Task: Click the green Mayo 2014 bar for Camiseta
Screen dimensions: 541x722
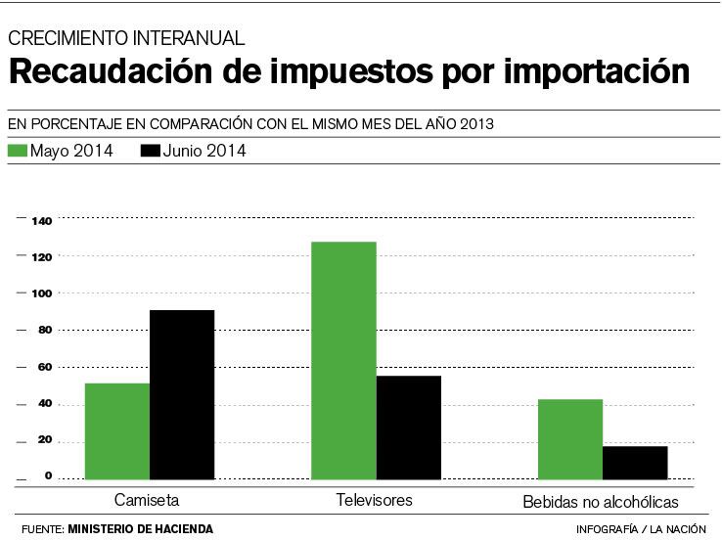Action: click(117, 430)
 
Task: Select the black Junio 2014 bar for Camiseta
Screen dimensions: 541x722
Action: click(182, 394)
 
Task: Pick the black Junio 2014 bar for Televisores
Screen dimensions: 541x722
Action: click(408, 428)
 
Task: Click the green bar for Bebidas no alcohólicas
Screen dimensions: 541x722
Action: click(570, 439)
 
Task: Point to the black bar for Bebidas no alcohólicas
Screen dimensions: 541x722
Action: click(635, 463)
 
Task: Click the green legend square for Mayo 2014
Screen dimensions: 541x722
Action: click(17, 151)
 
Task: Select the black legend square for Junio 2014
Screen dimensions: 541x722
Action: click(150, 151)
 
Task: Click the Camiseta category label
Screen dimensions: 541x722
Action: click(147, 500)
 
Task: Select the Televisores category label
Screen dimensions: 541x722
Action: click(375, 500)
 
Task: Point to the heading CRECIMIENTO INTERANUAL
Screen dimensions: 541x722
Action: click(125, 39)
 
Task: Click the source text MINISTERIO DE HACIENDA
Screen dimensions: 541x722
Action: click(140, 529)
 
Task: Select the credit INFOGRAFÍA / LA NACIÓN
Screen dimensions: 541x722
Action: click(641, 529)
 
